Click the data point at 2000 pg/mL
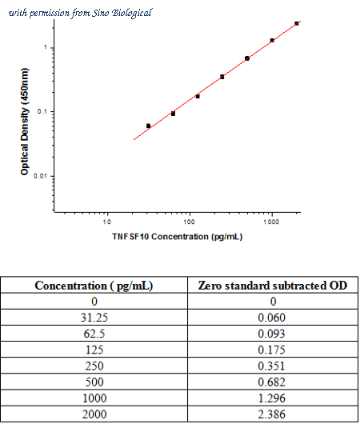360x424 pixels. pos(297,23)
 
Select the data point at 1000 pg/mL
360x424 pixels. pos(272,41)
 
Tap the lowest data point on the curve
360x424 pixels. pos(148,126)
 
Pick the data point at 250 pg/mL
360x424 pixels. pos(222,77)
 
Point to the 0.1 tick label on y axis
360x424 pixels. pos(42,111)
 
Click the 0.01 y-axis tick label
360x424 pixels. pos(40,176)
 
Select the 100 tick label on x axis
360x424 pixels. pos(189,222)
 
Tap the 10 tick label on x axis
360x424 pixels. pos(107,222)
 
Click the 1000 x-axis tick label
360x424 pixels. pos(271,222)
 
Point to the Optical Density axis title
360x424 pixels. pos(24,122)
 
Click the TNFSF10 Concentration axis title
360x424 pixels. pos(177,237)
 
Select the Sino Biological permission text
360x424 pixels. pos(80,13)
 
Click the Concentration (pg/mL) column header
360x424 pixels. pos(94,286)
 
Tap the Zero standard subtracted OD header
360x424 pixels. pos(273,286)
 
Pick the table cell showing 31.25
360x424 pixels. pos(94,318)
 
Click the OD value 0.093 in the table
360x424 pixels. pos(271,334)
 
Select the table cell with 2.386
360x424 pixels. pos(271,414)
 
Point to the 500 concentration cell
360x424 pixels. pos(94,382)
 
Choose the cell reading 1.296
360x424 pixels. pos(271,398)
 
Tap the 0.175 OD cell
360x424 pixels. pos(271,350)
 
